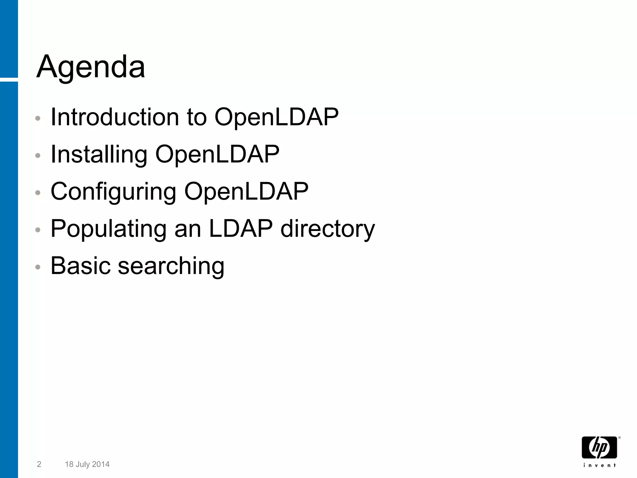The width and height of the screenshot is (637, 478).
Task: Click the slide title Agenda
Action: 91,67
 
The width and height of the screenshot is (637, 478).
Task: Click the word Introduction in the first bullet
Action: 115,117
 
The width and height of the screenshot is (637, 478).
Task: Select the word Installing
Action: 99,154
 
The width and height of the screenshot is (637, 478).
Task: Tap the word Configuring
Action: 113,192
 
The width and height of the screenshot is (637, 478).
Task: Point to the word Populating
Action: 108,229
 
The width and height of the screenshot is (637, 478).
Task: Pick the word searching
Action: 171,266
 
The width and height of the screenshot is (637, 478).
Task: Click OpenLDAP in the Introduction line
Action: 276,117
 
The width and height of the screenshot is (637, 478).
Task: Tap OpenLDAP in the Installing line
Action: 217,154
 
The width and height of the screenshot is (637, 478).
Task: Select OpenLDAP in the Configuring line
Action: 246,192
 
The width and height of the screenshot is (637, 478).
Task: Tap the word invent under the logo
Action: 599,465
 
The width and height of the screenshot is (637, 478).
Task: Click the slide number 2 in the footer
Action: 39,464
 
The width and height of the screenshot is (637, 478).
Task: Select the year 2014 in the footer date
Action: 100,464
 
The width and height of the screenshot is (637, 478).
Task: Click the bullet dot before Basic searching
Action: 38,267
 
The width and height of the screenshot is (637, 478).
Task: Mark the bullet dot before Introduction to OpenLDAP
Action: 38,118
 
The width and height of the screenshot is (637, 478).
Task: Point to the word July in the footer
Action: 83,464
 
